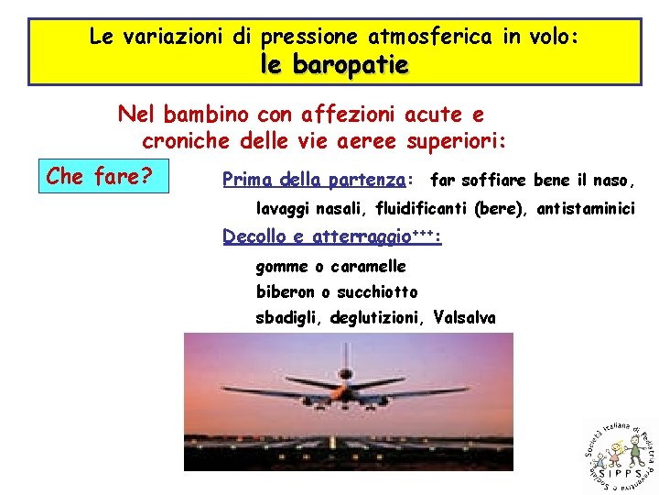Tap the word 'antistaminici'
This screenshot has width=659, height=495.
[586, 209]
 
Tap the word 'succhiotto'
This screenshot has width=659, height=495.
[376, 292]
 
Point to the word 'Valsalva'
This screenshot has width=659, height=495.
[465, 318]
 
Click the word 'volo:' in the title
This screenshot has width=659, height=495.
[553, 38]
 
